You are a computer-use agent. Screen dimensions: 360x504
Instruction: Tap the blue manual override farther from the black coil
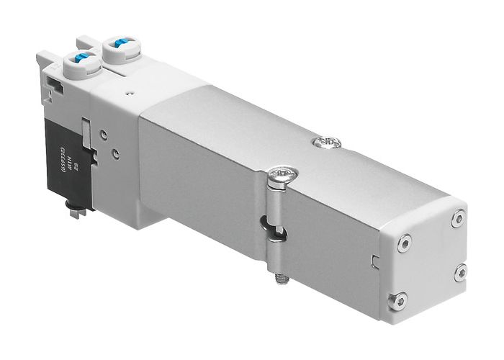point(118,46)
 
